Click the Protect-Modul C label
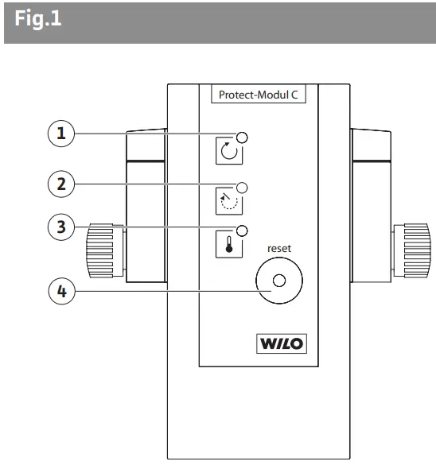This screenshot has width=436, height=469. (258, 95)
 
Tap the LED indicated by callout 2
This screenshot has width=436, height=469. (243, 188)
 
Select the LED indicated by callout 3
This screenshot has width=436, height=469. (243, 231)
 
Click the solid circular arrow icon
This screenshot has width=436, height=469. (228, 151)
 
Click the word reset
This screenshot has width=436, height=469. (278, 248)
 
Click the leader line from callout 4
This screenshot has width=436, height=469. (159, 291)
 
